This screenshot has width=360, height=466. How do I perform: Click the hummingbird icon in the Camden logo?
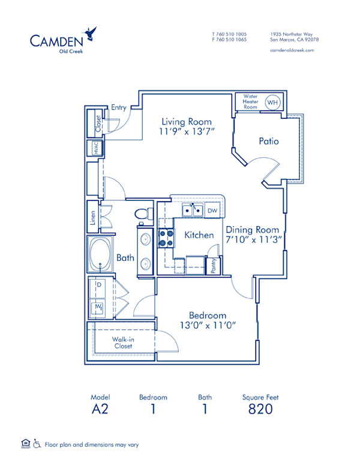pos(91,32)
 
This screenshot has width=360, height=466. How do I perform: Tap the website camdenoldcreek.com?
pos(293,50)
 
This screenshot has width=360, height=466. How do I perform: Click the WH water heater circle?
pos(272,103)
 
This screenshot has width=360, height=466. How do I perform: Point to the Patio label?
pos(269,142)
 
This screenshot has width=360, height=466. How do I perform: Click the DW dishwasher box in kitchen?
pos(212,211)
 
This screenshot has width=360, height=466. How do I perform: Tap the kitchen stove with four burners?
pos(166,238)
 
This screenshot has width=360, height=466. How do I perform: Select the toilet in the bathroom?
pos(142,214)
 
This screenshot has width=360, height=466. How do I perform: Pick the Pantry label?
pos(214,266)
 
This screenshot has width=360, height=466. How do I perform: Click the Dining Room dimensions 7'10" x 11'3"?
pos(252,239)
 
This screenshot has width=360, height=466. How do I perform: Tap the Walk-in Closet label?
pos(123,342)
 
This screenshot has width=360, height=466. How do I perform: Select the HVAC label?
pos(95,148)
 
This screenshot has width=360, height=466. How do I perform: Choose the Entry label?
pos(119,107)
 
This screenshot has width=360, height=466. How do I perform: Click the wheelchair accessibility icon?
pos(37,444)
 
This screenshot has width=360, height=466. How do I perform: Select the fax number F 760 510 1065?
pos(229,40)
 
